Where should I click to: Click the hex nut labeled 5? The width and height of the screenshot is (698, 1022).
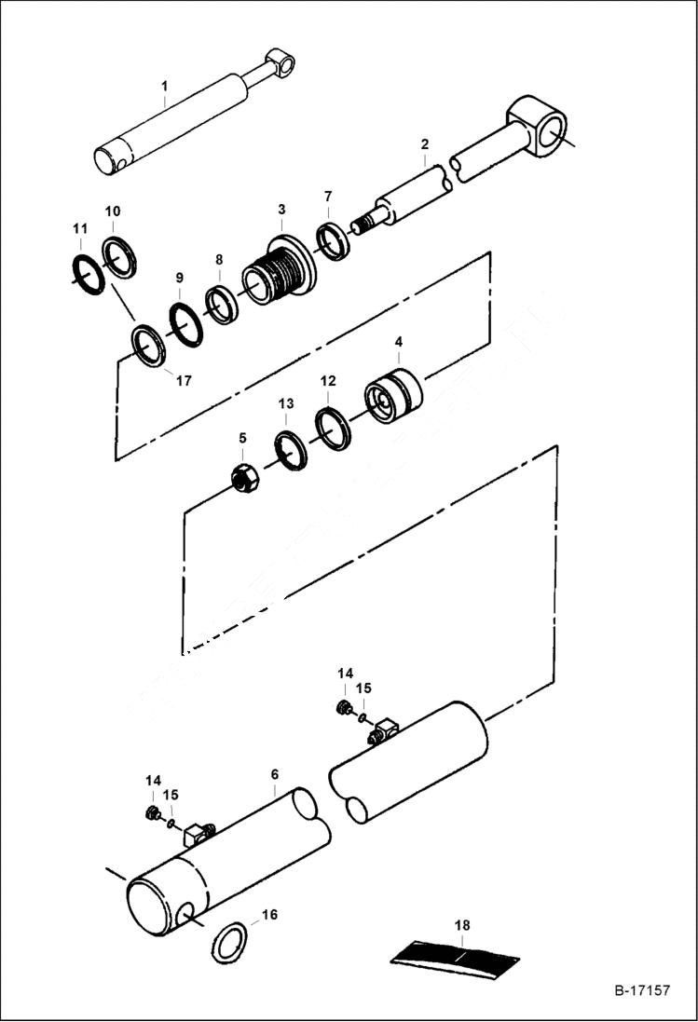click(x=244, y=478)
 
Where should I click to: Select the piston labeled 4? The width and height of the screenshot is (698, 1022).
click(x=393, y=397)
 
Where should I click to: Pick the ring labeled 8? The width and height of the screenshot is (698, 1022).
click(x=222, y=306)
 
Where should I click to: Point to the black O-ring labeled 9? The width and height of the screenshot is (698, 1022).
click(x=185, y=323)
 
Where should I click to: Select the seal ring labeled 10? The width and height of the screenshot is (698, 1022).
click(x=118, y=257)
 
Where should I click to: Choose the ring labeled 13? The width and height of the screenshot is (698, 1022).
click(x=291, y=452)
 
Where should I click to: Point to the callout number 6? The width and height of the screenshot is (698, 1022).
click(x=275, y=774)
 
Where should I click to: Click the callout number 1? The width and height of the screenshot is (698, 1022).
click(x=164, y=86)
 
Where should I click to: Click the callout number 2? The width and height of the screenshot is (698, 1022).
click(x=424, y=144)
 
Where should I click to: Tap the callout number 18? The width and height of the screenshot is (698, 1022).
click(x=462, y=925)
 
